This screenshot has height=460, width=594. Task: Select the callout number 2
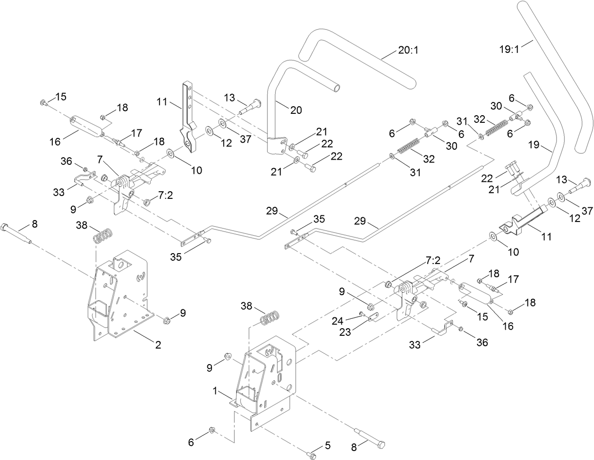[158, 345]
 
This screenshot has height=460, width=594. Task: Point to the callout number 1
[215, 392]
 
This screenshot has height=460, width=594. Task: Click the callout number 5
[327, 445]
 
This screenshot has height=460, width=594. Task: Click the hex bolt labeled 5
[311, 454]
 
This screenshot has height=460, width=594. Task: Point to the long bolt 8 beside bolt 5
[368, 437]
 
